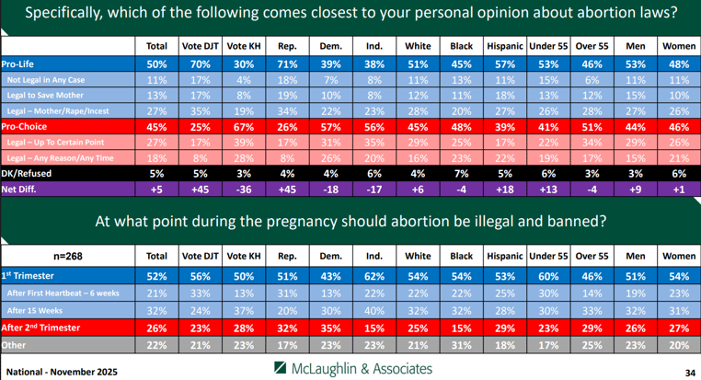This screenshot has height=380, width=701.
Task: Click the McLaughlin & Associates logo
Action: (353, 368)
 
